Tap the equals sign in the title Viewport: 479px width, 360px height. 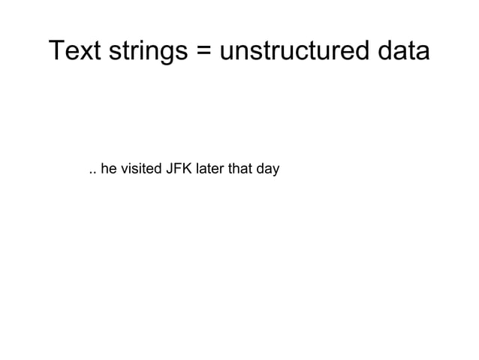(x=209, y=52)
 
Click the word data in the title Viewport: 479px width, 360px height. (x=402, y=51)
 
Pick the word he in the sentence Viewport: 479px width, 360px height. (x=108, y=169)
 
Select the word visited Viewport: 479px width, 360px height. (x=140, y=169)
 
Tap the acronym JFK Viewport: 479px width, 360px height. (x=179, y=169)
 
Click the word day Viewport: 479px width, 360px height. (x=267, y=170)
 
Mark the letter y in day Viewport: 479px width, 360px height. (x=276, y=171)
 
